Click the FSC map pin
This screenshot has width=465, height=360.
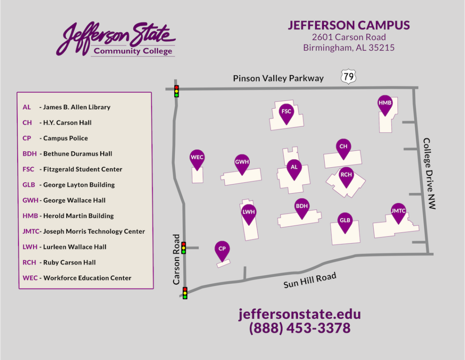click(286, 112)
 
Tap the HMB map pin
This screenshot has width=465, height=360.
click(385, 104)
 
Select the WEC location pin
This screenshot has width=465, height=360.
click(197, 159)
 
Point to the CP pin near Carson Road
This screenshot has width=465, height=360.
click(222, 250)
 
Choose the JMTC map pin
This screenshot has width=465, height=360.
click(398, 212)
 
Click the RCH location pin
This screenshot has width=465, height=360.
click(346, 176)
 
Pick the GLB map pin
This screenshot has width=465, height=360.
click(345, 222)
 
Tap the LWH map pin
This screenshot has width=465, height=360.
click(249, 213)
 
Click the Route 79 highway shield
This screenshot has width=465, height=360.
click(348, 77)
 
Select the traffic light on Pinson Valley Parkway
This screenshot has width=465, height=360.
click(177, 91)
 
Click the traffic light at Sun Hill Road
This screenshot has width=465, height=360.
click(185, 293)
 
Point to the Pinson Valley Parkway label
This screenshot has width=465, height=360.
click(278, 78)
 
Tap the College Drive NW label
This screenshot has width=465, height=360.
click(429, 174)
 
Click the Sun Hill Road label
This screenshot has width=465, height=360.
click(310, 280)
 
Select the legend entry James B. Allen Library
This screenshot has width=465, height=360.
click(67, 107)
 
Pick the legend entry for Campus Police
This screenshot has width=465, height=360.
click(55, 138)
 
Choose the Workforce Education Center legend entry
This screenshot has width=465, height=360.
click(77, 278)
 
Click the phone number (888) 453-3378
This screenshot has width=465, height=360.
click(300, 328)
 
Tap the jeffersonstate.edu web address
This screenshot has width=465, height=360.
click(300, 314)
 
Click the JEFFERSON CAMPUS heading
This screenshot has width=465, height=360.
click(349, 25)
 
